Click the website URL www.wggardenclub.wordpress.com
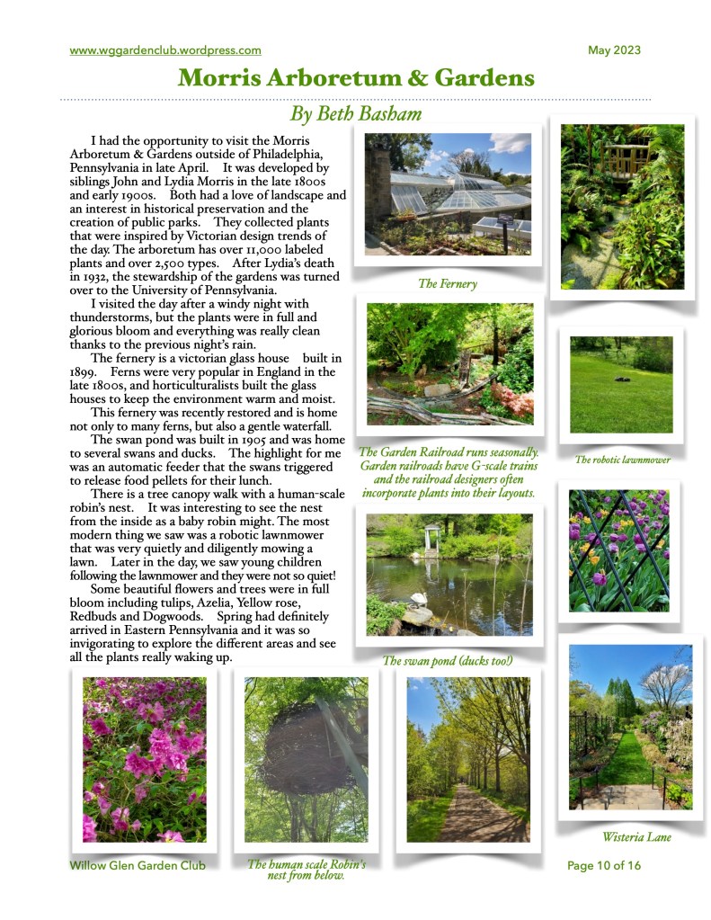(x=165, y=50)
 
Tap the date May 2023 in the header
(x=614, y=50)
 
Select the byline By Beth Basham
(x=356, y=114)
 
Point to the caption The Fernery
(x=447, y=283)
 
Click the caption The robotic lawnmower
(x=623, y=460)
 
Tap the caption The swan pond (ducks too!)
(x=447, y=661)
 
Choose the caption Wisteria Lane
(x=636, y=837)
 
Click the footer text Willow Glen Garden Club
(x=138, y=865)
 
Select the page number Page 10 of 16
(x=604, y=865)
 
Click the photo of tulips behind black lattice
(x=618, y=551)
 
